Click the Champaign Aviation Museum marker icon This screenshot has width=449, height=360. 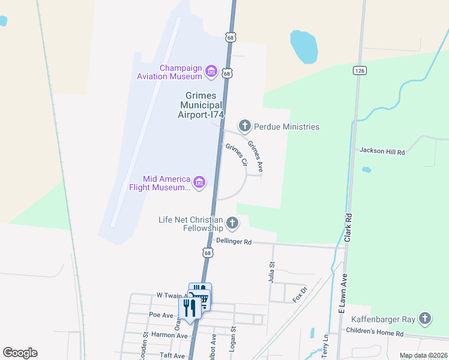coord(211,72)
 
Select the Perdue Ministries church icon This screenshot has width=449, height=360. coord(244,126)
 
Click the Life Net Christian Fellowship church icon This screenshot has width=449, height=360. coord(232,224)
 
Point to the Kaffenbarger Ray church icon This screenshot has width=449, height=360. coord(425,318)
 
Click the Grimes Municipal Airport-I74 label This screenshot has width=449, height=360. coord(204,105)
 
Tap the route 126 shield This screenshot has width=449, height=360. coord(360,71)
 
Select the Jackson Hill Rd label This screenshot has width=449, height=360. coord(382,152)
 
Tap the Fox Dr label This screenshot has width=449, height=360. coord(300,294)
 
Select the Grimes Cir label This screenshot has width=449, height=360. coord(237,154)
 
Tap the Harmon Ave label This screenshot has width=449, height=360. coord(169,335)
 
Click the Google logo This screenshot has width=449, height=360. coord(20,352)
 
